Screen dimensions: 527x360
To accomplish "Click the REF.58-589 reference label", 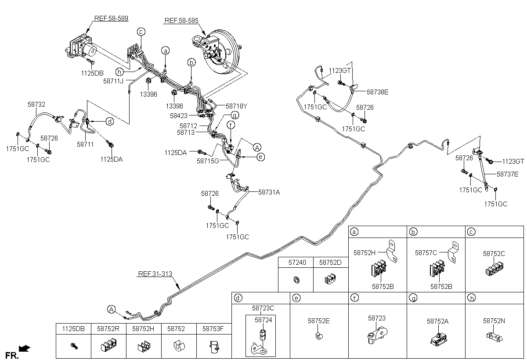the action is [111, 18].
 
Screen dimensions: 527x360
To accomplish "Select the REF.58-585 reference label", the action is [181, 21].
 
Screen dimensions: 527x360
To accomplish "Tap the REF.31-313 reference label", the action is [155, 274].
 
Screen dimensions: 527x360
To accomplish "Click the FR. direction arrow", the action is [25, 348].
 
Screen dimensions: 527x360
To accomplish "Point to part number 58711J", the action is [113, 81].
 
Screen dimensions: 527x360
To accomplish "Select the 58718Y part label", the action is [236, 106].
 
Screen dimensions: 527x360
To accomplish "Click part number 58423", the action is [179, 116].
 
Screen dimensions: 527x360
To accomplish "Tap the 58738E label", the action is [377, 92].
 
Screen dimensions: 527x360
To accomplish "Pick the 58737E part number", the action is [508, 174].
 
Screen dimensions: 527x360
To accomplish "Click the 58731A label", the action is [269, 192].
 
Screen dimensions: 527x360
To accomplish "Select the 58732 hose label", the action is [36, 104].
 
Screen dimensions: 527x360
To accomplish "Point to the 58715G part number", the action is [208, 161].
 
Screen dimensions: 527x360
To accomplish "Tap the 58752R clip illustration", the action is [109, 345].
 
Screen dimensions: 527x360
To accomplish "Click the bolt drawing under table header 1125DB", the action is [74, 346].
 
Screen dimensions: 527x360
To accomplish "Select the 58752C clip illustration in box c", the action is [495, 269].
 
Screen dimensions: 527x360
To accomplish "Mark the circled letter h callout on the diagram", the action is [119, 72].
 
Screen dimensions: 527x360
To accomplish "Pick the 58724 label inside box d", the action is [263, 320].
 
